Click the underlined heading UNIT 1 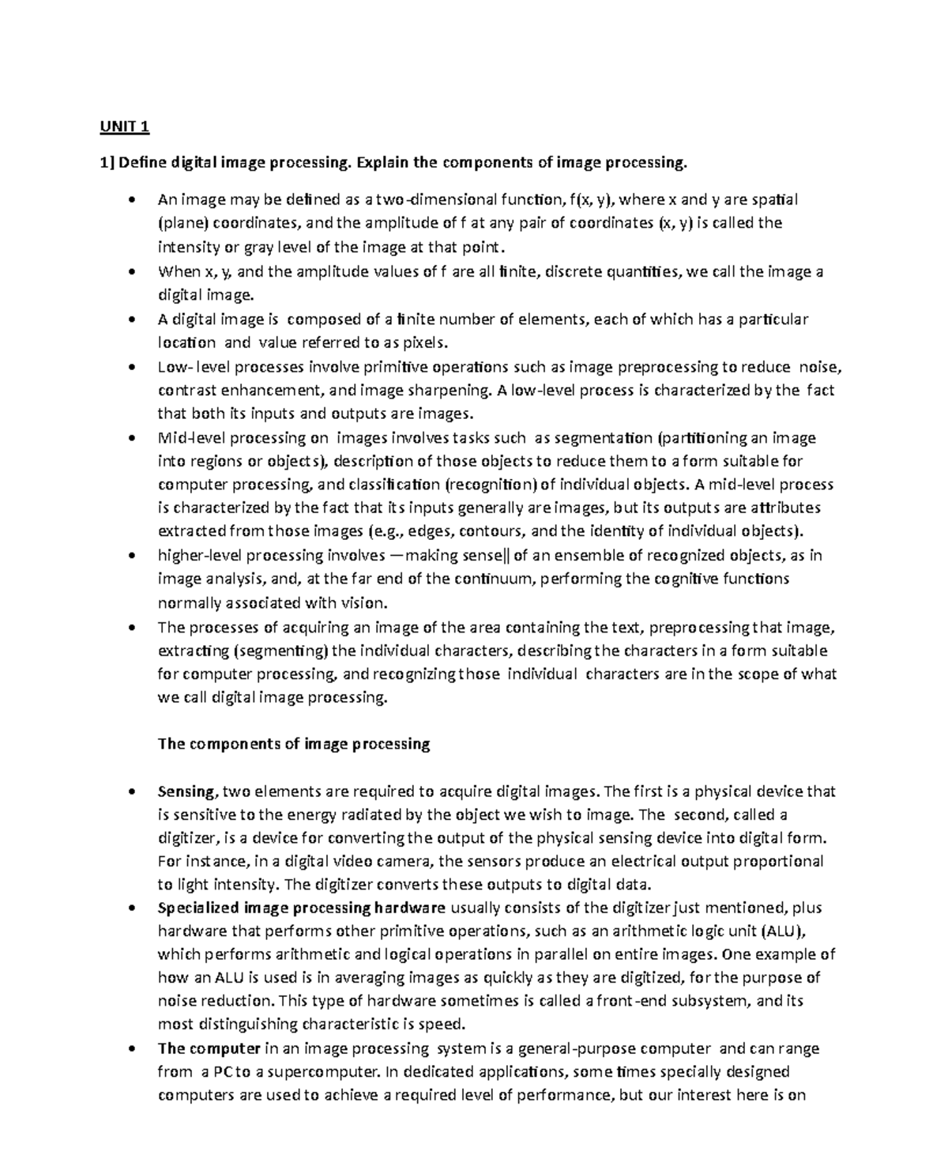pos(124,126)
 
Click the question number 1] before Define pos(107,163)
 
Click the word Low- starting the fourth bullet pos(175,367)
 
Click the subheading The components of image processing pos(294,744)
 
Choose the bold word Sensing pos(186,791)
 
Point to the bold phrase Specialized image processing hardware pos(302,908)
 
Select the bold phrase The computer pos(209,1048)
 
